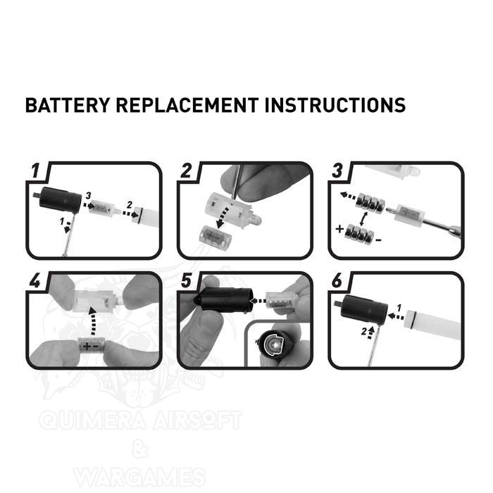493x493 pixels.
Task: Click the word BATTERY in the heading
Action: click(x=68, y=105)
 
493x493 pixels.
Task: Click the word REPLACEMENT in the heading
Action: click(x=187, y=105)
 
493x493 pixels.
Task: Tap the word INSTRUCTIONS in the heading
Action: click(x=335, y=105)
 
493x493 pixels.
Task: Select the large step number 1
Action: click(x=36, y=170)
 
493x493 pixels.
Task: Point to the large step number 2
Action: click(x=186, y=170)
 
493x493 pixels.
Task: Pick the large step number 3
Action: click(x=337, y=170)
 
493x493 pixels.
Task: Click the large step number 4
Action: click(x=35, y=280)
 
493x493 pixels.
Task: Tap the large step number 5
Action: click(x=186, y=280)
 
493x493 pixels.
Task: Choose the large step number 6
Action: click(x=337, y=280)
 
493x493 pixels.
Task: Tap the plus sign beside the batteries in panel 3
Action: click(x=339, y=229)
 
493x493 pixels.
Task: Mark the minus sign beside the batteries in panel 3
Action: click(x=379, y=241)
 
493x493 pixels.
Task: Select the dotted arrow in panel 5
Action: click(x=258, y=301)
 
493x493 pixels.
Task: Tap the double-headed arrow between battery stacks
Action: click(x=364, y=218)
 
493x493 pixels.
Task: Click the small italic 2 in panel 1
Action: click(x=130, y=205)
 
